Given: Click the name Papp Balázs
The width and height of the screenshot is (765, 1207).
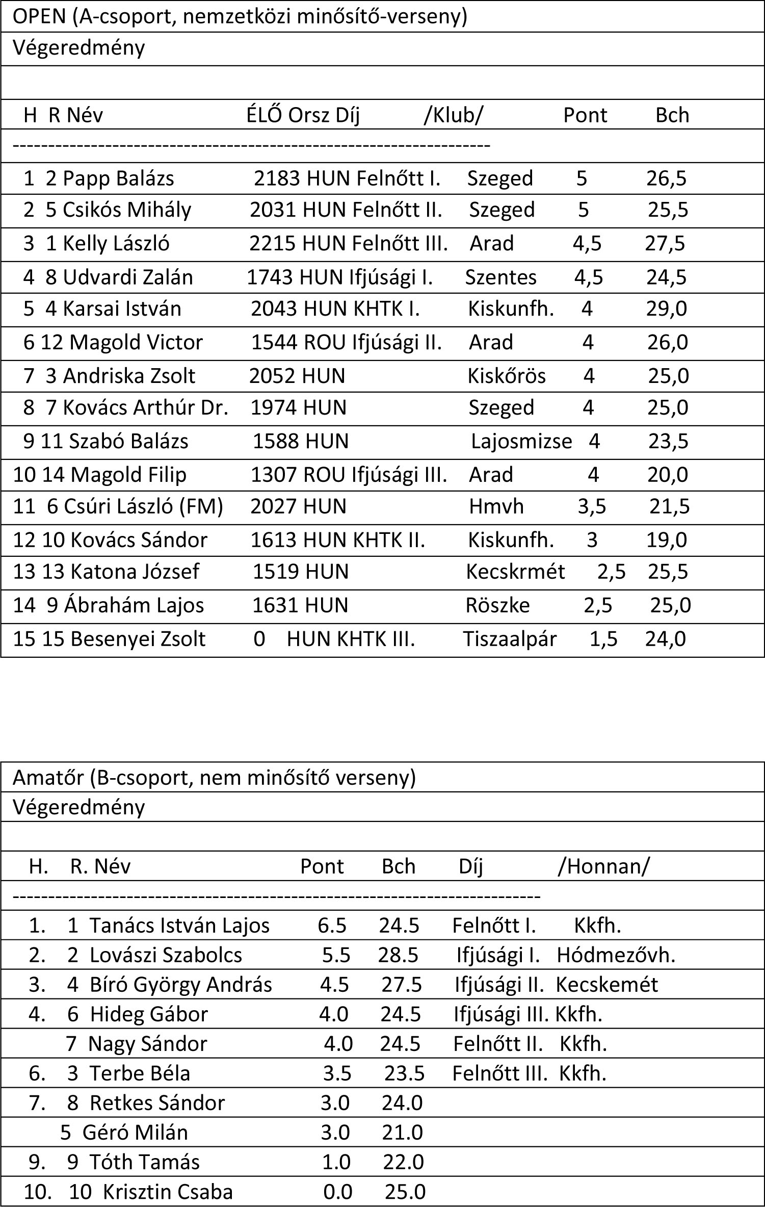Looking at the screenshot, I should tap(118, 178).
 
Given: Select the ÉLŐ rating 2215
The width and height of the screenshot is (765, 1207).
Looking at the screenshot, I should tap(272, 243).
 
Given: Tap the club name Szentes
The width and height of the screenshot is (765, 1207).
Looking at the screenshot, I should tap(500, 277).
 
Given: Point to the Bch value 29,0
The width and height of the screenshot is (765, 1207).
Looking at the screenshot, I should tap(666, 309).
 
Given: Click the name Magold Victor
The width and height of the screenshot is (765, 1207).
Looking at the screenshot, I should tap(136, 342).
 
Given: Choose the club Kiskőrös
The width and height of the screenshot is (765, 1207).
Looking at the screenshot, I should tap(506, 376).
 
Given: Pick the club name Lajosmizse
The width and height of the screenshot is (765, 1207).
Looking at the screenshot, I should tap(521, 441).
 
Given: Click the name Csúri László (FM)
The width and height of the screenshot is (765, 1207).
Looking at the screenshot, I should tap(143, 506).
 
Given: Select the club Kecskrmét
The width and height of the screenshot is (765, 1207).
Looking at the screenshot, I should tap(515, 572).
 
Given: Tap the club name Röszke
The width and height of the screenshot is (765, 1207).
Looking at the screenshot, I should tap(497, 605).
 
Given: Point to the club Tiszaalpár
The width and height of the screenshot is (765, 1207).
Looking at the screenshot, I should tap(509, 639).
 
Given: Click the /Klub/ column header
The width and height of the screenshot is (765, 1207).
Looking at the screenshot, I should tap(453, 115).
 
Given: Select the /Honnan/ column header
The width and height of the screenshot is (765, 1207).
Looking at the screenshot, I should tap(603, 866).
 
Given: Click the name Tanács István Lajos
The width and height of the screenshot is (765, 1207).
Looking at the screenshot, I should tap(179, 926).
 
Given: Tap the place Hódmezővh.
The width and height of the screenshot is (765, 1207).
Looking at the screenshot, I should tap(616, 955).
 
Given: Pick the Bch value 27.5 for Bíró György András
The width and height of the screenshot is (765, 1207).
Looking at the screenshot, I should tap(402, 985).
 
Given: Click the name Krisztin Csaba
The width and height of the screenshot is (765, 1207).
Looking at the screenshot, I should tap(168, 1192).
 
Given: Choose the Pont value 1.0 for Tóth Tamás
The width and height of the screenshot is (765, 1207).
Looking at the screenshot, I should tap(336, 1162).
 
